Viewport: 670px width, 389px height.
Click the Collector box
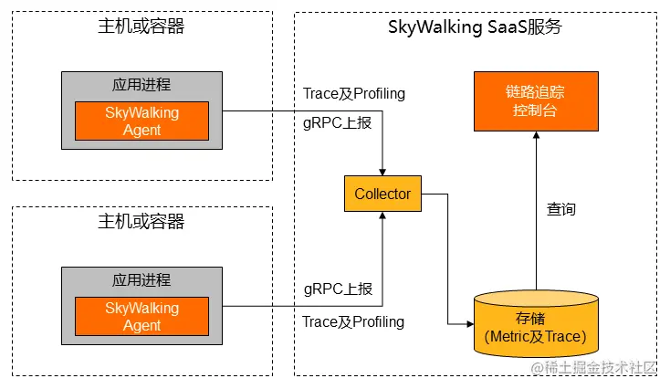pos(382,194)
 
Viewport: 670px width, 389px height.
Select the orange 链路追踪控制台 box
pos(536,101)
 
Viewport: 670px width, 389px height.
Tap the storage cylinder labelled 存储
pos(536,323)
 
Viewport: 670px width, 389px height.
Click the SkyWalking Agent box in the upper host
pos(141,121)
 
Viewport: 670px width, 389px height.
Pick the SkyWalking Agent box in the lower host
pos(141,316)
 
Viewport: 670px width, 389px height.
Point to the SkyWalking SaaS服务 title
pos(475,27)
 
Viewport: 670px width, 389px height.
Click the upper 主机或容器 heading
pos(141,26)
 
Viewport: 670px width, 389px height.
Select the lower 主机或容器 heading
pos(141,221)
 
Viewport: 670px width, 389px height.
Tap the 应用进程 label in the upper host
pos(141,85)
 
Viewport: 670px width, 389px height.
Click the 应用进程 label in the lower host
pos(141,280)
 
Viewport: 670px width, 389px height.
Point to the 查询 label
pos(561,209)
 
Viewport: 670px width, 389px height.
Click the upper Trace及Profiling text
pos(354,94)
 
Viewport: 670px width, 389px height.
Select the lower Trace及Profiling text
pos(353,322)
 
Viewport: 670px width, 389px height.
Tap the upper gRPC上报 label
pos(337,123)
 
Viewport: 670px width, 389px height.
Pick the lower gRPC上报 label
pos(338,289)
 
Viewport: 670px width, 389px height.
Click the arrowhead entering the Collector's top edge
pos(382,173)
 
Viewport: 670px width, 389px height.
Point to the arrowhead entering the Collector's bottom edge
pos(382,215)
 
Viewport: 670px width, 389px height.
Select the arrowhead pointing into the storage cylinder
pos(470,324)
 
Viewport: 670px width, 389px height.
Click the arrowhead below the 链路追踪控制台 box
pos(536,134)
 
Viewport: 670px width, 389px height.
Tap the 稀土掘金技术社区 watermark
pos(593,368)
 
